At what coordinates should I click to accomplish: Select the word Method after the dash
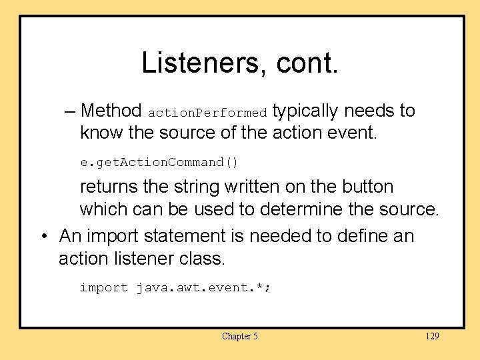click(111, 111)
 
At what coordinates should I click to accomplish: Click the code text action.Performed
click(207, 113)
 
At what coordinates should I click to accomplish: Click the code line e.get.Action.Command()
click(159, 163)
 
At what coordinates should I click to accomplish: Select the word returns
click(111, 187)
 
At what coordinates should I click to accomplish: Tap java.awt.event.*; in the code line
click(204, 288)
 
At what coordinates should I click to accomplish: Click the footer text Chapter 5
click(240, 336)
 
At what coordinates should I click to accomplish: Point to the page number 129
click(432, 336)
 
